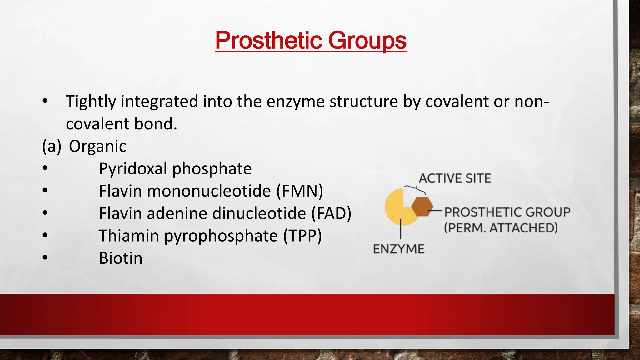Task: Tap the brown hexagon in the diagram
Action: point(422,207)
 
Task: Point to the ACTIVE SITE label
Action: point(455,178)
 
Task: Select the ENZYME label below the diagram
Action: point(399,249)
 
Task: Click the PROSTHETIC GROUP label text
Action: point(507,212)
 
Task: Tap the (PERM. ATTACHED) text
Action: point(501,228)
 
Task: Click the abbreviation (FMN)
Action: point(299,191)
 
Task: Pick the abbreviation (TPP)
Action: point(302,236)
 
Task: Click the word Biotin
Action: point(121,258)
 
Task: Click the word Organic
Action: point(97,146)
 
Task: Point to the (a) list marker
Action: point(52,146)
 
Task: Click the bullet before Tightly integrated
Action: point(45,101)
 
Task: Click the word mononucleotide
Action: point(209,191)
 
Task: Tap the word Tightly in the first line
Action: point(90,102)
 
